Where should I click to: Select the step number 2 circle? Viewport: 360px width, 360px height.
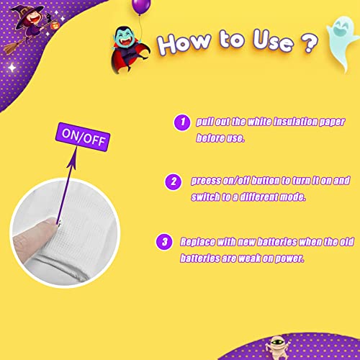[x=173, y=181]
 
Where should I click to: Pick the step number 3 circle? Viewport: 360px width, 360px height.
[x=165, y=241]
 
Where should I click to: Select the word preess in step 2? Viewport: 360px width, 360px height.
[x=203, y=181]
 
